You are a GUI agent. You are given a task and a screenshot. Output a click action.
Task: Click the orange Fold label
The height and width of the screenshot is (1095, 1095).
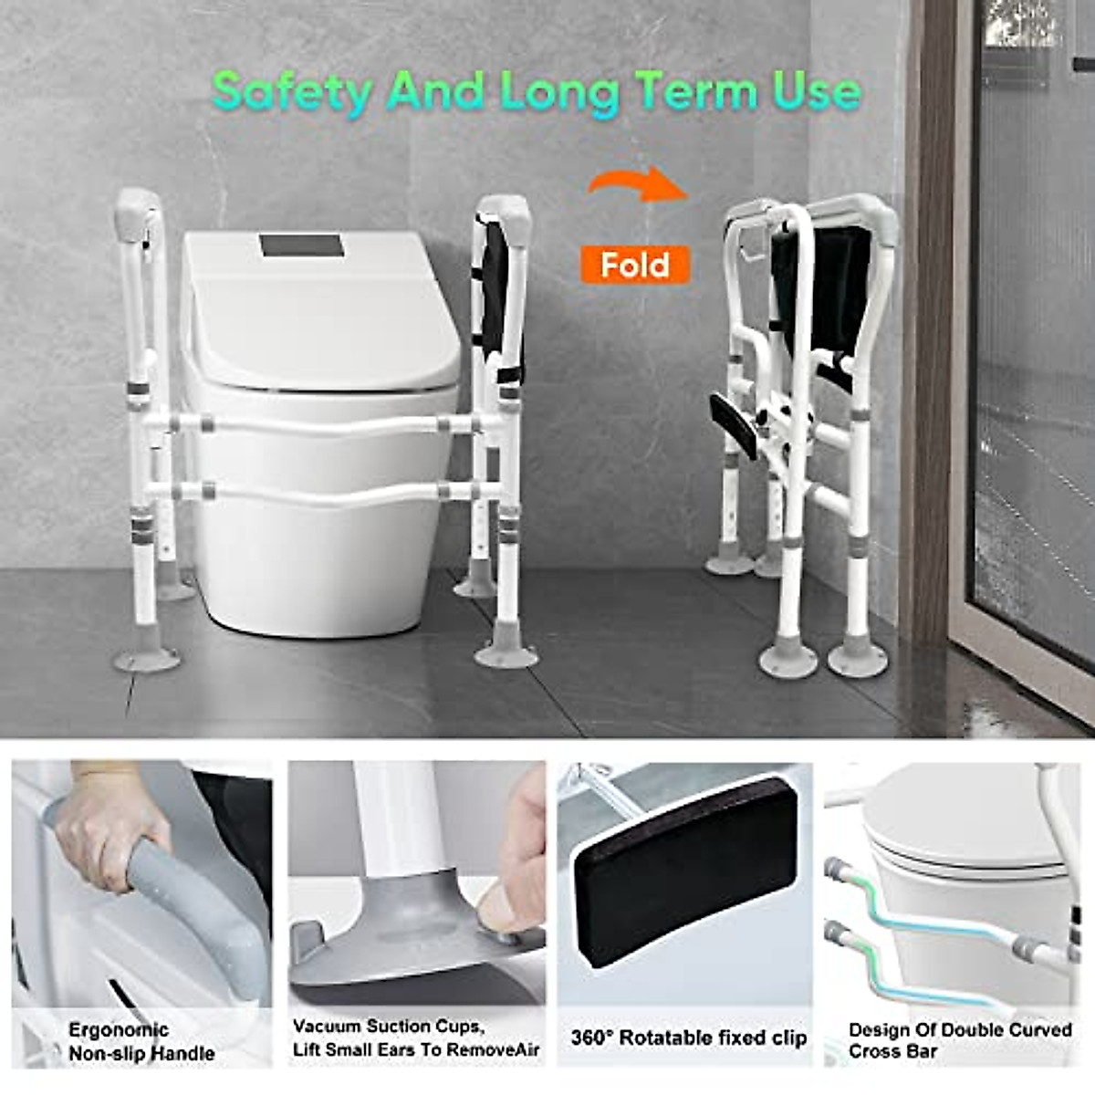click(635, 266)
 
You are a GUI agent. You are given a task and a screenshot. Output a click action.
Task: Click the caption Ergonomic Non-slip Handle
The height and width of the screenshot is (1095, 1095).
click(141, 1041)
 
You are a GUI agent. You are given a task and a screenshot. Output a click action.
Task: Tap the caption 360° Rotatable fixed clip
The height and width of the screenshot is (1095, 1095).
click(689, 1038)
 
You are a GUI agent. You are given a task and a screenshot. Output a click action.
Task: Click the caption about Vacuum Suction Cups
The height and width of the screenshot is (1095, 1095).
click(416, 1038)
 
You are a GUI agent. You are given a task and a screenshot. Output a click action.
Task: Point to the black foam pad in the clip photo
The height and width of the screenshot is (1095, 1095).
click(685, 876)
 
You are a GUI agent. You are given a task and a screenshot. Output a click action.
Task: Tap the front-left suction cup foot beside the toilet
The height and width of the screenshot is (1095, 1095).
click(146, 657)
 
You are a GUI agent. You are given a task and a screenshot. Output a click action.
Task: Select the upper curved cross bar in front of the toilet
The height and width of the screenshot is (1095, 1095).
click(319, 423)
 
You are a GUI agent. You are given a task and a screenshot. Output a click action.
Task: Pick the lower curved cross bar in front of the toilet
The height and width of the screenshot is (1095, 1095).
click(319, 493)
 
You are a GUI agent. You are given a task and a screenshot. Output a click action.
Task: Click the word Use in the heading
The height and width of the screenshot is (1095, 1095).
click(817, 92)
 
